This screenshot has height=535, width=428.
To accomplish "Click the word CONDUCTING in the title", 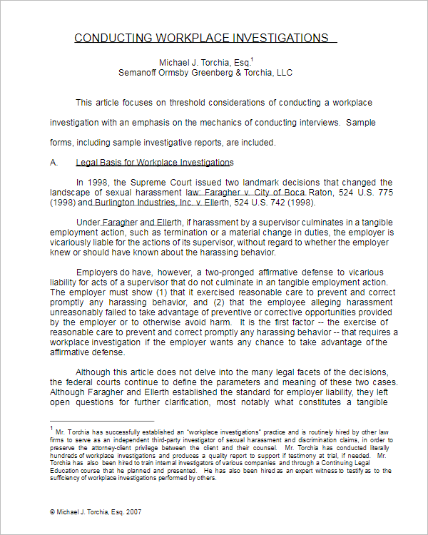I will pyautogui.click(x=108, y=38).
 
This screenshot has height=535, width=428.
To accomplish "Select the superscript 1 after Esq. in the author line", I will pyautogui.click(x=253, y=59).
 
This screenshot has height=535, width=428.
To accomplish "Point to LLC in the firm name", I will pyautogui.click(x=284, y=73).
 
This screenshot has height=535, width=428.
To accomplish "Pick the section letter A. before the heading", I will pyautogui.click(x=53, y=163).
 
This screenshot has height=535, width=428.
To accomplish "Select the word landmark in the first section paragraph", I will pyautogui.click(x=263, y=183).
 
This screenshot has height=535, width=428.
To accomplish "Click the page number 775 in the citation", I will pyautogui.click(x=385, y=193).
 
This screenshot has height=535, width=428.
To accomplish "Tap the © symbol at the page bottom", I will pyautogui.click(x=52, y=512).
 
